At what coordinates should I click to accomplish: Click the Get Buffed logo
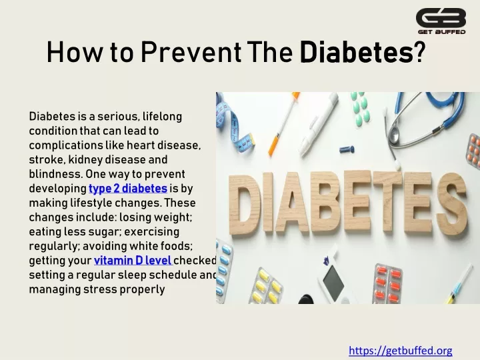(441, 21)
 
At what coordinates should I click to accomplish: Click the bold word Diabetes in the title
(356, 53)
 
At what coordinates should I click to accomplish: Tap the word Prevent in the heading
(191, 53)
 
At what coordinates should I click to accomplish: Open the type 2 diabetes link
(128, 188)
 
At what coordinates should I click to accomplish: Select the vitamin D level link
(133, 260)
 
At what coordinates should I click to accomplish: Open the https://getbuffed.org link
(401, 350)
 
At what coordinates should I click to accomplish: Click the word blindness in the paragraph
(55, 174)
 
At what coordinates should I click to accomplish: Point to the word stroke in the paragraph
(47, 159)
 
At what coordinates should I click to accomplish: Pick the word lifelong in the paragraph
(162, 117)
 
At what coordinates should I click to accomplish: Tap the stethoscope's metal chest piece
(394, 135)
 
